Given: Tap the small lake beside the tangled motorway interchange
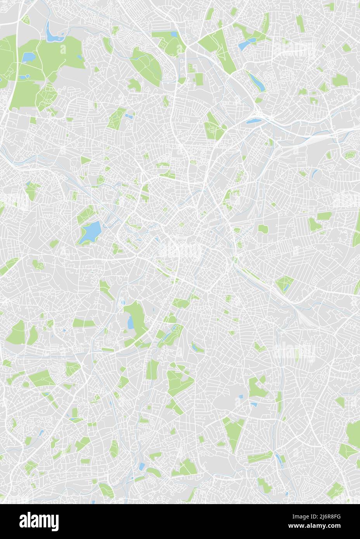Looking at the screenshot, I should click(252, 121).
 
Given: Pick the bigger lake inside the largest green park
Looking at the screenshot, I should click(28, 58).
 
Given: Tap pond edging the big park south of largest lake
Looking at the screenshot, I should click(131, 321).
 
